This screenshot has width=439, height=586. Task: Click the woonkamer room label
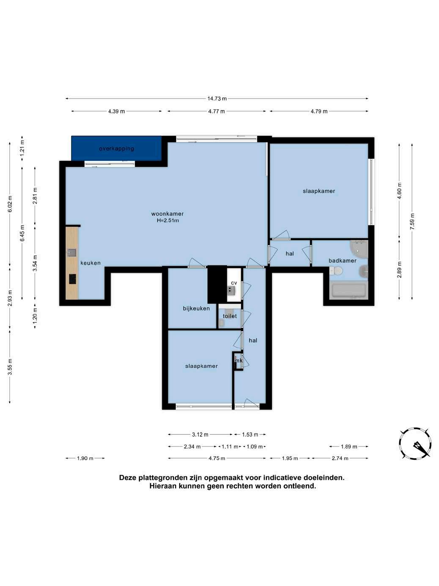click(x=167, y=213)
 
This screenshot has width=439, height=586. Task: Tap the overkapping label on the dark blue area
click(x=116, y=149)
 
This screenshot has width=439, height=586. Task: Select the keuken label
click(x=91, y=263)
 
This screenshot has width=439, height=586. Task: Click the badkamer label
click(x=342, y=260)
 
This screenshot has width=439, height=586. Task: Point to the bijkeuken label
click(x=196, y=308)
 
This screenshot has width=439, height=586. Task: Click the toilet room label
click(x=230, y=316)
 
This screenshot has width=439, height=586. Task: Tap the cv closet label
click(x=234, y=283)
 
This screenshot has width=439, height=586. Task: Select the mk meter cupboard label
click(x=239, y=361)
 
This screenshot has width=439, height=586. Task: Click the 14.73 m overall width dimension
click(x=217, y=99)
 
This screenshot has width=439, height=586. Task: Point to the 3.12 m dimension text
click(x=200, y=434)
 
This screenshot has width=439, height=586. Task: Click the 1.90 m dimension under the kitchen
click(x=85, y=459)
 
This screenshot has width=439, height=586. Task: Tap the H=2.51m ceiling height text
click(x=167, y=221)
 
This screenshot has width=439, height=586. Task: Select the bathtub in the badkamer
click(x=348, y=291)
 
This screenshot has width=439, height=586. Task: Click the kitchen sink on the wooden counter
click(x=72, y=252)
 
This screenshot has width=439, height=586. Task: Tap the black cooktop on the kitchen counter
click(x=72, y=279)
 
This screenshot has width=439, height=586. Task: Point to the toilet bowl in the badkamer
click(x=336, y=271)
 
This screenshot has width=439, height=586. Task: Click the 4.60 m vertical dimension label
click(x=399, y=191)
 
